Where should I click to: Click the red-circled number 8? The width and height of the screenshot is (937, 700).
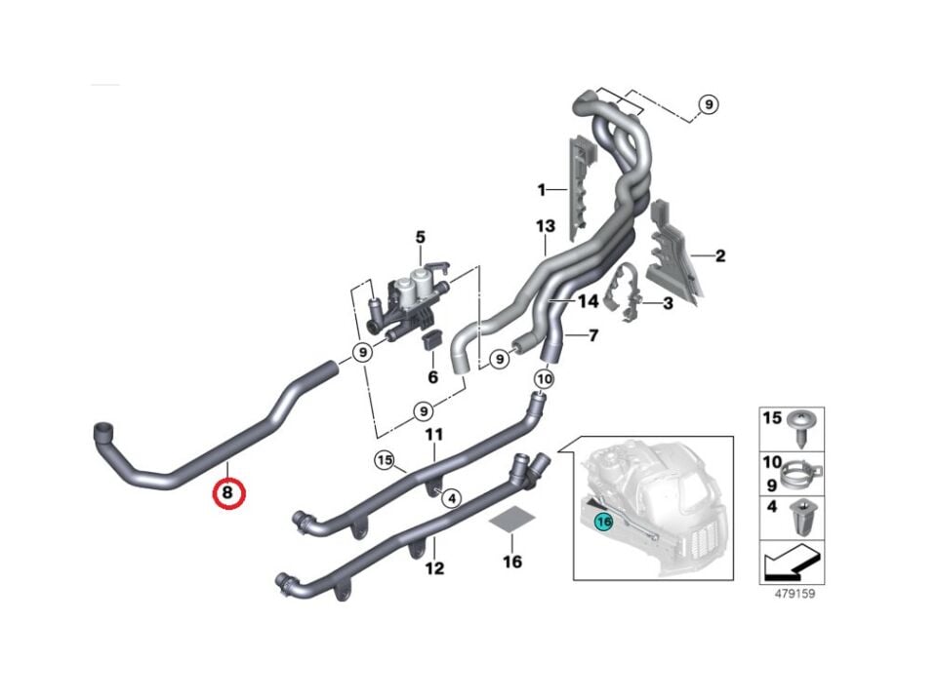(227, 493)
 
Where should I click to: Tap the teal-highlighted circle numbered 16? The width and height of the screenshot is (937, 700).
(602, 522)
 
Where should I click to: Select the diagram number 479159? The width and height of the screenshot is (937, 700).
(791, 592)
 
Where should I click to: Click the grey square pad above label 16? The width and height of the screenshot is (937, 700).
(511, 524)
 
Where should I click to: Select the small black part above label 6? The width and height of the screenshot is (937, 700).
(429, 340)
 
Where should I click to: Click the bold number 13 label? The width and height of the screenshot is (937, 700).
(545, 227)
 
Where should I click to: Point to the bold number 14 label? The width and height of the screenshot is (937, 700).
(588, 302)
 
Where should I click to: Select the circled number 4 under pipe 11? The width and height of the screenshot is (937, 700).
(450, 499)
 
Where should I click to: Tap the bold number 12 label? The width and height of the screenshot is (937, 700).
(434, 567)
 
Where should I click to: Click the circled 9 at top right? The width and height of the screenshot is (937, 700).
(708, 105)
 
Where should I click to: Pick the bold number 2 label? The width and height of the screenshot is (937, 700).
(719, 256)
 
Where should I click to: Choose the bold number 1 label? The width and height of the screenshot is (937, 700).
(541, 187)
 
